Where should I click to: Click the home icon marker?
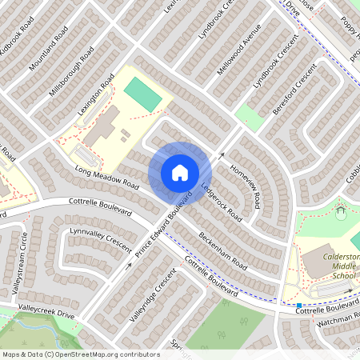pos(180,172)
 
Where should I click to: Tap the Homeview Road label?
pos(246,182)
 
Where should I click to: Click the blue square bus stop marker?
pos(298,305)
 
